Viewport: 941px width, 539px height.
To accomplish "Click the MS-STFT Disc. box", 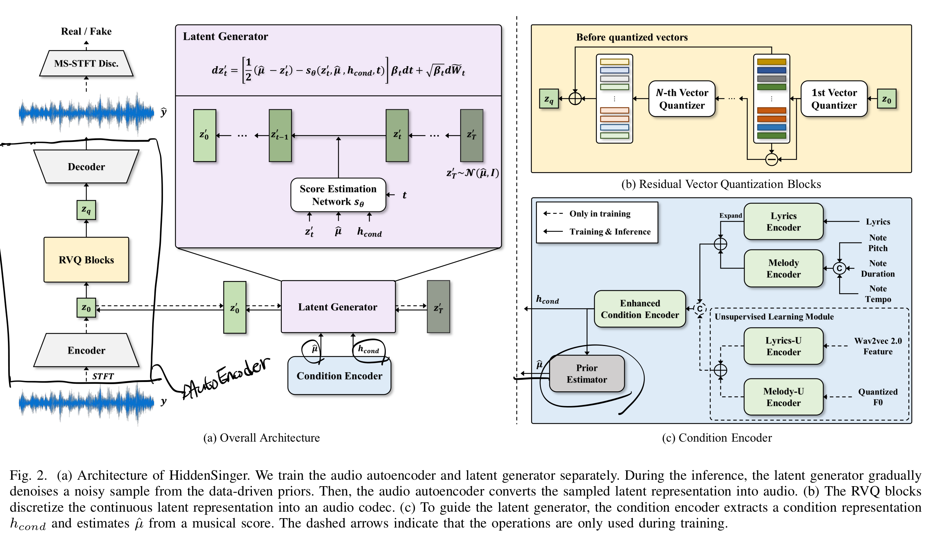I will tap(86, 63).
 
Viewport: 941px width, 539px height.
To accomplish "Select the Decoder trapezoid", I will tap(86, 167).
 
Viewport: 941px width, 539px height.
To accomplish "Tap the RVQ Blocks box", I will tap(86, 260).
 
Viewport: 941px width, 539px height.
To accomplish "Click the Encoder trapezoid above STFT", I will tap(86, 350).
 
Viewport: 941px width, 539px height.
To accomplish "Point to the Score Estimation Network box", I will tap(338, 195).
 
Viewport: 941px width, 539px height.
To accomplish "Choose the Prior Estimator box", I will tap(587, 373).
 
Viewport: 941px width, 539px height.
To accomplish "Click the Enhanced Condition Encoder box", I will tap(640, 309).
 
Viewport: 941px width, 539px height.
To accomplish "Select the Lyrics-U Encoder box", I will tap(783, 346).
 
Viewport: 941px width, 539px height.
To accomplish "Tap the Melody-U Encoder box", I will tap(783, 397).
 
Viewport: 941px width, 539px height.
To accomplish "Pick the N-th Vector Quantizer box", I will tap(682, 99).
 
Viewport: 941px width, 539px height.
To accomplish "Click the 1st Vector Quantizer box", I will tap(834, 99).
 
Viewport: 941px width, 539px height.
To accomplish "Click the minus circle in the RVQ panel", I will tap(771, 160).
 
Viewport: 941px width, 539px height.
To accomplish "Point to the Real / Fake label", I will tap(86, 32).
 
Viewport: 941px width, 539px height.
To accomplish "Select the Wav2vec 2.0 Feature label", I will tap(878, 346).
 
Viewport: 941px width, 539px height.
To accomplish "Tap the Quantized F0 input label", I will tap(878, 397).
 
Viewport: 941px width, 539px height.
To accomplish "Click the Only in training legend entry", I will tap(600, 213).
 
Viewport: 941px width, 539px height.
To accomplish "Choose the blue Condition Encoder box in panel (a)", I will tap(339, 376).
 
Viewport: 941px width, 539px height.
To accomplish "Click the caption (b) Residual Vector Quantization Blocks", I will tap(721, 184).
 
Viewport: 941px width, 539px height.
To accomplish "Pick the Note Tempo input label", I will tap(878, 294).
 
